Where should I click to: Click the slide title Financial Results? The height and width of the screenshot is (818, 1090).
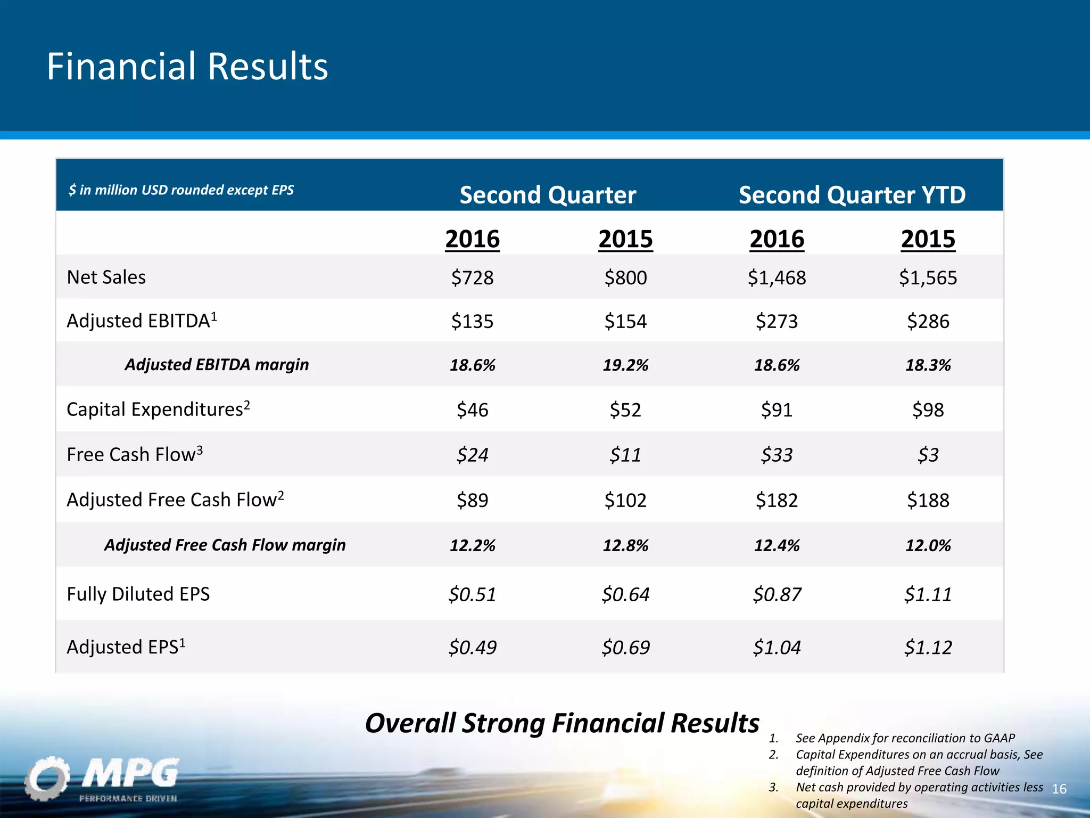pos(187,67)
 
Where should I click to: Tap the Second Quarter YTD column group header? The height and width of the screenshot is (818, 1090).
pos(852,195)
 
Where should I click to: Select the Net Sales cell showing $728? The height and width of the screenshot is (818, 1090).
pos(472,277)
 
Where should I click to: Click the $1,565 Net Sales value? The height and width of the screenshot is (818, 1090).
pos(928,277)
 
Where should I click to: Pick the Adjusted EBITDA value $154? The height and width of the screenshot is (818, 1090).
pos(625,321)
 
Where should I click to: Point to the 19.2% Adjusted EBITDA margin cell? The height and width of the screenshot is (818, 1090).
pos(625,365)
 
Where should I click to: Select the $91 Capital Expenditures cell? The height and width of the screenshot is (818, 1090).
pos(777,410)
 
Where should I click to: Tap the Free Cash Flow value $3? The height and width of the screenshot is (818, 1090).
pos(928,455)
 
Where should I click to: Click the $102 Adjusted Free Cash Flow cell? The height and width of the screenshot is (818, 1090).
pos(625,500)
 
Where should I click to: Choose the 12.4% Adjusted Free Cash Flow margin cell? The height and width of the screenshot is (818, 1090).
pos(777,545)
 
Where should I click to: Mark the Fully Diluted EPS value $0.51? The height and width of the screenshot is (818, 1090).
pos(472,594)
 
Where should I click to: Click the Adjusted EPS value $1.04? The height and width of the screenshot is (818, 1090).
pos(777,648)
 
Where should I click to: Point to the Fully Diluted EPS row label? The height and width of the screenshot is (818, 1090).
pos(138,594)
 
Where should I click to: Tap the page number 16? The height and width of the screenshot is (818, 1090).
pos(1059,789)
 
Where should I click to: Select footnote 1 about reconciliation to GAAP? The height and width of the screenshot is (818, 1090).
pos(905,738)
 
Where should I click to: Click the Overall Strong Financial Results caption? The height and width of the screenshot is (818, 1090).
pos(562,723)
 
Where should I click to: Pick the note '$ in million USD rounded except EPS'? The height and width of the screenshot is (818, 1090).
pos(181,190)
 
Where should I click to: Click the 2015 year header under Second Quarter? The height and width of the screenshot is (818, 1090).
pos(625,239)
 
